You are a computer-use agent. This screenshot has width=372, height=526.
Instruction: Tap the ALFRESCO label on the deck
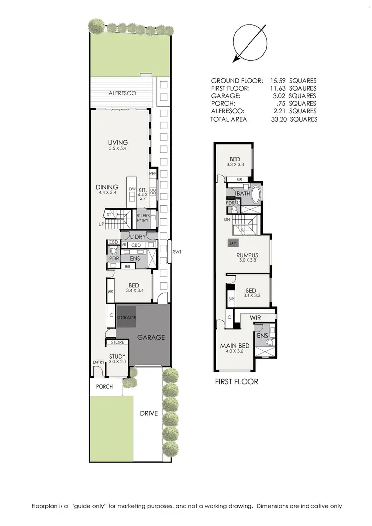122,93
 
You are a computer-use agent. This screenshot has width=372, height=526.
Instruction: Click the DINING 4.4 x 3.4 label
107,190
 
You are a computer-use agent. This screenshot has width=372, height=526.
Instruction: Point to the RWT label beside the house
176,252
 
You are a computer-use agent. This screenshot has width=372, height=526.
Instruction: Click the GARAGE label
151,337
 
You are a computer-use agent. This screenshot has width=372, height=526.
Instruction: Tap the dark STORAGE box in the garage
126,317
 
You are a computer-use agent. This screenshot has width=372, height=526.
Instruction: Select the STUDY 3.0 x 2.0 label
118,359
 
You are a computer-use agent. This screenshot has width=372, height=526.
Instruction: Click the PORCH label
104,386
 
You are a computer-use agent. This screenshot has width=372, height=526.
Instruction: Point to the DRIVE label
148,413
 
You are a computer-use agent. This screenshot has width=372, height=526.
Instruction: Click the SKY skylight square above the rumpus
233,243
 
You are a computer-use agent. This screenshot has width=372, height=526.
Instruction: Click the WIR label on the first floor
256,317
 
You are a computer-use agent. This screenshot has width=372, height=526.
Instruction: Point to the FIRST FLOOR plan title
236,382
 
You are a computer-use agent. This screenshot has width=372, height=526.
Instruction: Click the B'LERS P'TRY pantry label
146,218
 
